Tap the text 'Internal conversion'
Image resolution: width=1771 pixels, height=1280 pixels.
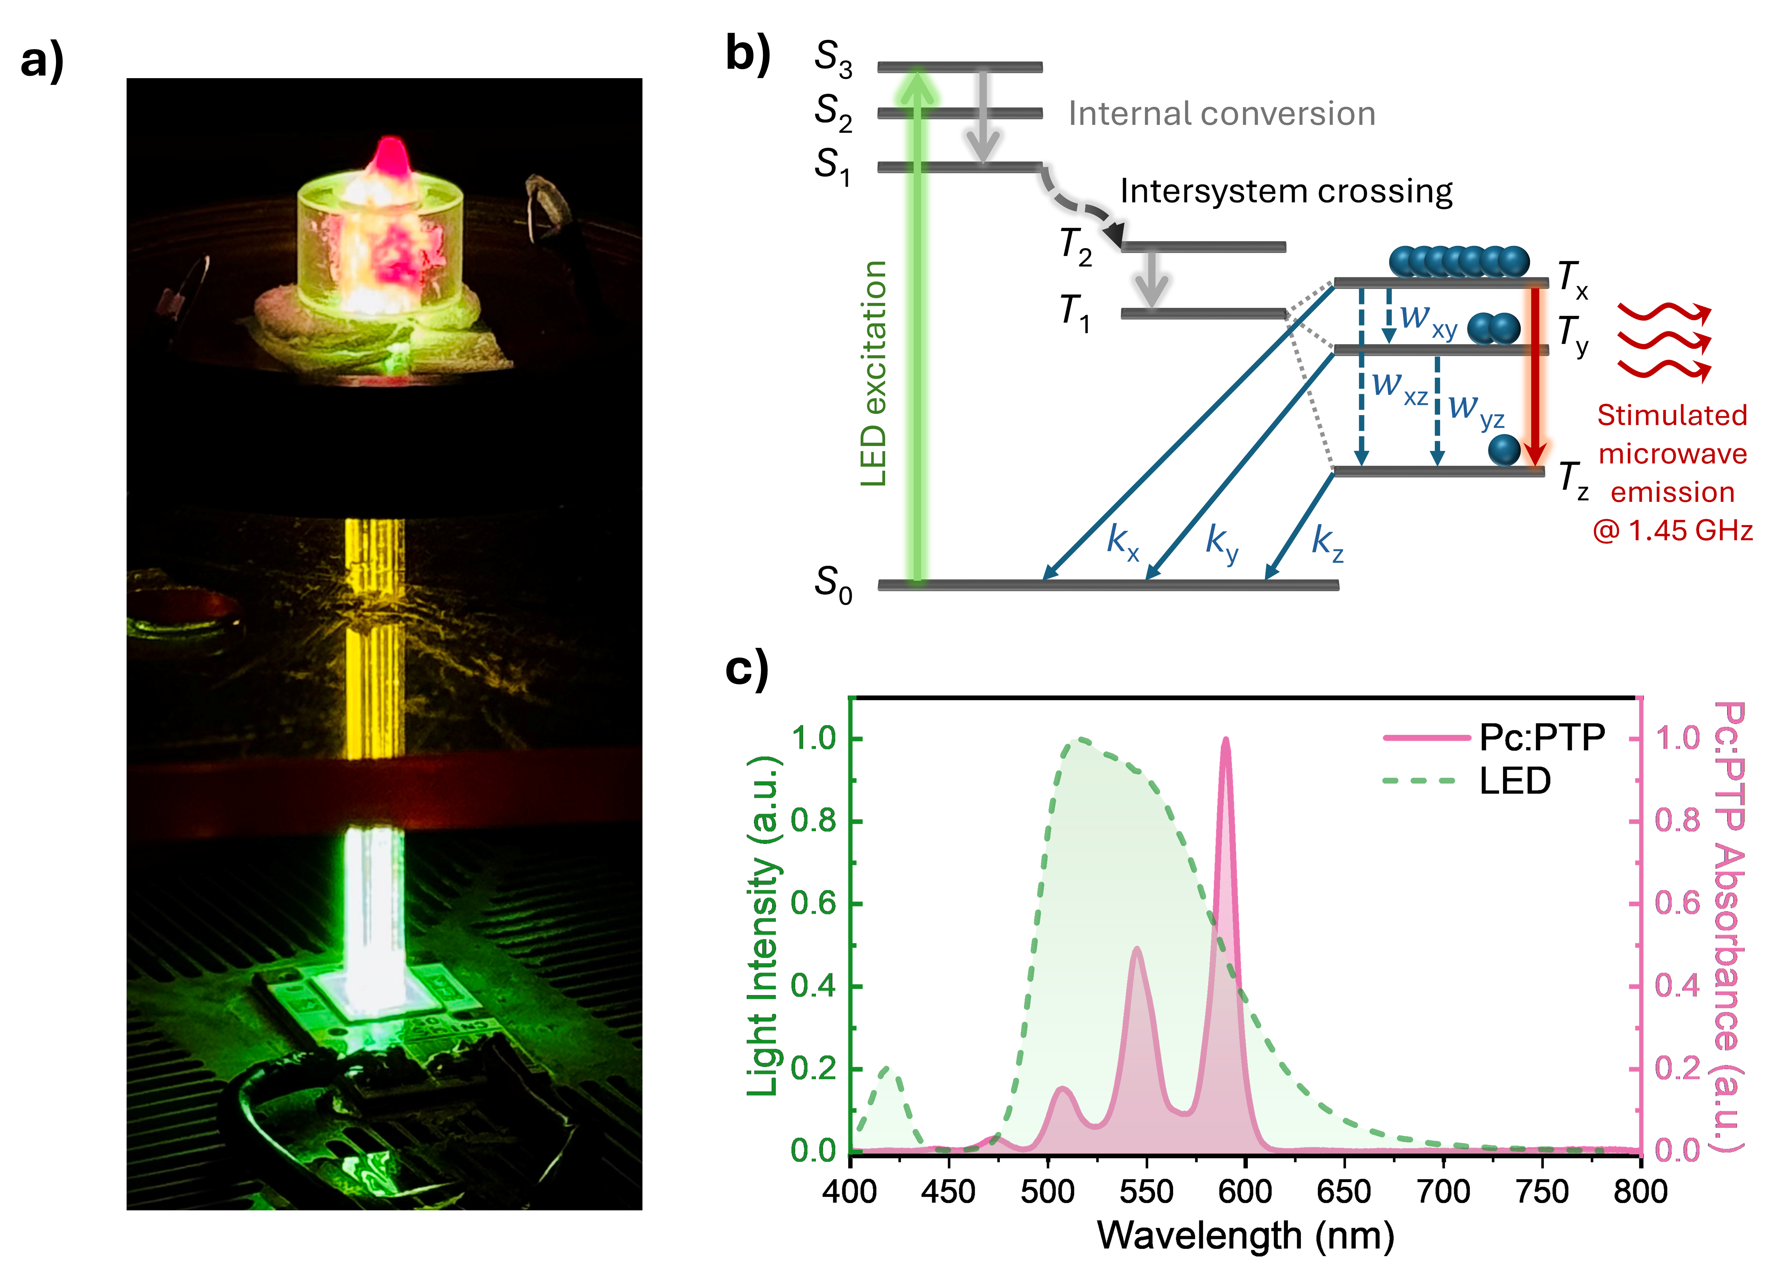tap(1221, 114)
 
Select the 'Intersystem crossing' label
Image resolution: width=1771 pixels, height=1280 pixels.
tap(1286, 191)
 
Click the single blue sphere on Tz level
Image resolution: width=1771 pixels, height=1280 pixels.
tap(1504, 450)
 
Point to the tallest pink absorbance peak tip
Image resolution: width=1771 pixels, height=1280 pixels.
tap(1225, 740)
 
